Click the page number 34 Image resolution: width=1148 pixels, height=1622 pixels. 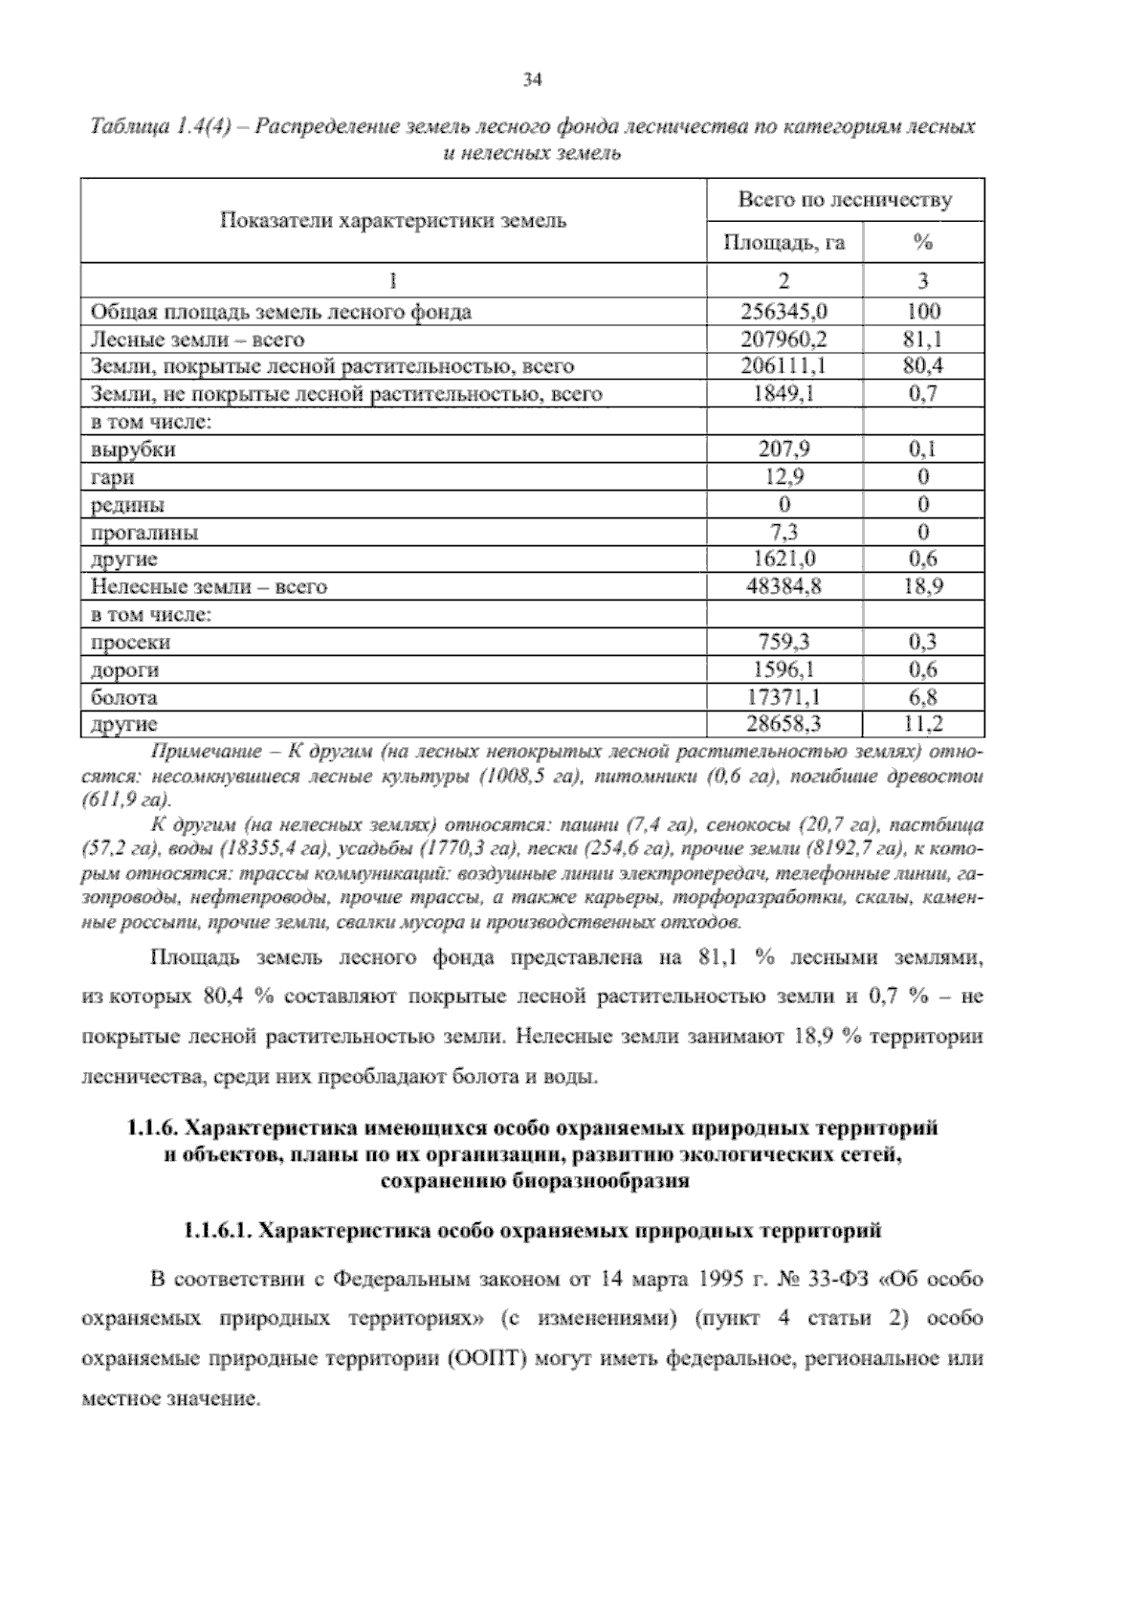[x=533, y=80]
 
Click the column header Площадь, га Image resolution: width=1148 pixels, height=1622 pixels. [x=784, y=243]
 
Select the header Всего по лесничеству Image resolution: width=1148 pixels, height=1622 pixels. [x=845, y=200]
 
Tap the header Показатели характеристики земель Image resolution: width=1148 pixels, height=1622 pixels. [x=393, y=221]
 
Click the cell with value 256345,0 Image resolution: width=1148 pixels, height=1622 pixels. [x=784, y=311]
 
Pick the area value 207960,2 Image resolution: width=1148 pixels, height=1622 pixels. [x=784, y=339]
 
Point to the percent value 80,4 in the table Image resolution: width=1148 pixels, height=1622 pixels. [x=922, y=365]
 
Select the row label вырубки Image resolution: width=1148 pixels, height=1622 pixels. [x=133, y=449]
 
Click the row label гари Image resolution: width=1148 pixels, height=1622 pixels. [x=112, y=476]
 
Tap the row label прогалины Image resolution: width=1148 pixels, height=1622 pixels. [x=144, y=532]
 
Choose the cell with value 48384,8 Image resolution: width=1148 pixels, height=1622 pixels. [x=784, y=586]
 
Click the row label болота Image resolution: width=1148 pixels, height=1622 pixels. [x=123, y=697]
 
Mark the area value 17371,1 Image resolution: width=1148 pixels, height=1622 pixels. [x=784, y=697]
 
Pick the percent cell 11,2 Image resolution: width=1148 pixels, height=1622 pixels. [x=922, y=725]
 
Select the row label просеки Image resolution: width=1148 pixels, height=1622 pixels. [x=130, y=643]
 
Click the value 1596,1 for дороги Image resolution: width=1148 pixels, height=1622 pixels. [x=784, y=669]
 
